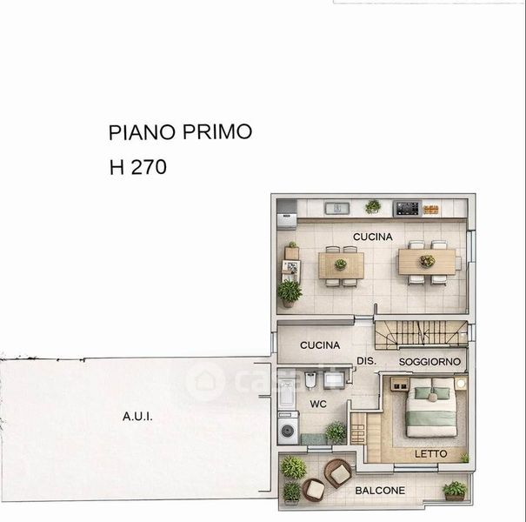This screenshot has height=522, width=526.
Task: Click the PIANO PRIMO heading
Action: pos(180,132)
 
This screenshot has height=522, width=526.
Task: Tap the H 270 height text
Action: pos(138,167)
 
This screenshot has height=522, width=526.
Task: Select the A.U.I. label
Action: pos(137,417)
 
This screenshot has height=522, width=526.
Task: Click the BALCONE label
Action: pos(380,491)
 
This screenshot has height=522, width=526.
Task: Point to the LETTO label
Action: pos(430,454)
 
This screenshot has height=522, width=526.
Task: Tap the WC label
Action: pos(318,404)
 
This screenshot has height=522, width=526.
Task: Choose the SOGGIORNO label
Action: pos(429,362)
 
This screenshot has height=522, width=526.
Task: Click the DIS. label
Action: pos(366,361)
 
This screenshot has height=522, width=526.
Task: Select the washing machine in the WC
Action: pos(288,428)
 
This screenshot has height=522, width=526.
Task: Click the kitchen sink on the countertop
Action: pos(337,209)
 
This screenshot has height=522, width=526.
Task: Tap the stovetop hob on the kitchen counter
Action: pos(408,209)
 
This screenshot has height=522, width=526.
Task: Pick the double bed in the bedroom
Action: pos(431,407)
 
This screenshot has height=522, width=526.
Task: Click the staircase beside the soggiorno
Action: pos(421,333)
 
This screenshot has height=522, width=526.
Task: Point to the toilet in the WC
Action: pos(310,379)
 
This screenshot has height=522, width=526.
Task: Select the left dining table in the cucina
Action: pos(341,265)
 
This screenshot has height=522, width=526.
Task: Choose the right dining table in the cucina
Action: pos(427,262)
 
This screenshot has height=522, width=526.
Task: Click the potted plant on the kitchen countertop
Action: pos(373,206)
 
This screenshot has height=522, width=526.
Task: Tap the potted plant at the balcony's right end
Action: pos(455,491)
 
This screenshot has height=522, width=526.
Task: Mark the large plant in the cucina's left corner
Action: pos(290,293)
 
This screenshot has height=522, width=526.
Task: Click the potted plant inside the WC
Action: pos(336,432)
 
